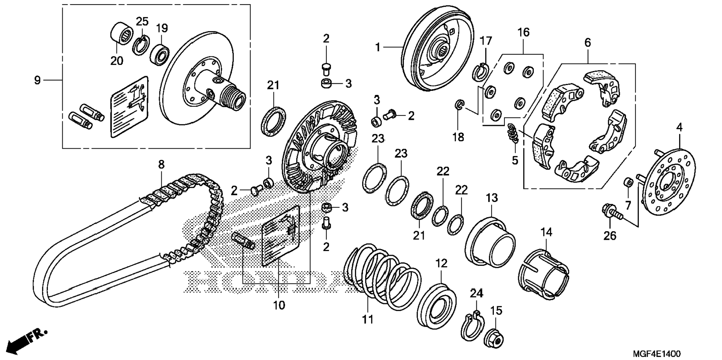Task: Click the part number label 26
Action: click(610, 236)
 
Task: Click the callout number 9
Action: click(37, 80)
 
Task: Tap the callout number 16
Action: click(523, 32)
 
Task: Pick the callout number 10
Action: click(279, 305)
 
